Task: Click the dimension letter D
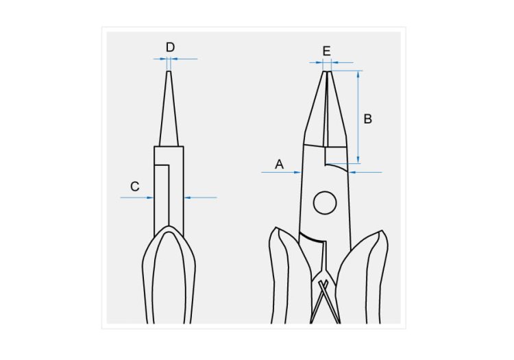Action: coord(170,47)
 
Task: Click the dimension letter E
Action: coord(326,51)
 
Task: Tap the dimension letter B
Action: coord(368,119)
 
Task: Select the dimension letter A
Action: coord(280,164)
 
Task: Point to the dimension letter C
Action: coord(135,187)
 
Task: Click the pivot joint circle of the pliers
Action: coord(325,203)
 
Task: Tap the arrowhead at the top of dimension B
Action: coord(358,74)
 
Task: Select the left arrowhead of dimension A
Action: coord(297,172)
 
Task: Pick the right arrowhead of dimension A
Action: coord(353,172)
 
